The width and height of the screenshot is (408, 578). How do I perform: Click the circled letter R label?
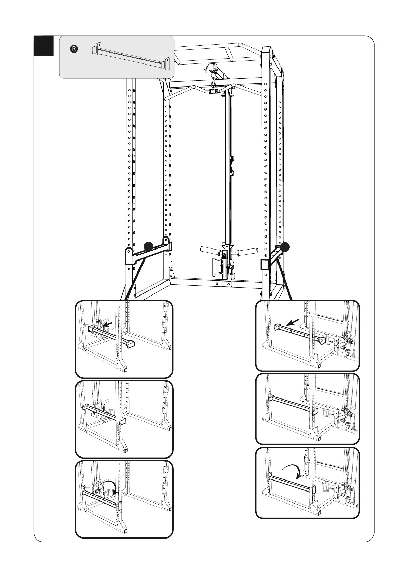pos(74,49)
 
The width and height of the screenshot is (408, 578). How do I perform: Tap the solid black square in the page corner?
pos(44,45)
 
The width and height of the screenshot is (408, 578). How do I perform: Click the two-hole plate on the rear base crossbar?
pos(222,284)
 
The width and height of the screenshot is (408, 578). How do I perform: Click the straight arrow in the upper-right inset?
pos(293,322)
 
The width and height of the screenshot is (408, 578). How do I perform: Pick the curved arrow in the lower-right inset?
pos(293,471)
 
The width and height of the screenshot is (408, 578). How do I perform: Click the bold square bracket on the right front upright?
pos(265,265)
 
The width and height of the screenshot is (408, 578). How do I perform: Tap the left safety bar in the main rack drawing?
pos(148,253)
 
